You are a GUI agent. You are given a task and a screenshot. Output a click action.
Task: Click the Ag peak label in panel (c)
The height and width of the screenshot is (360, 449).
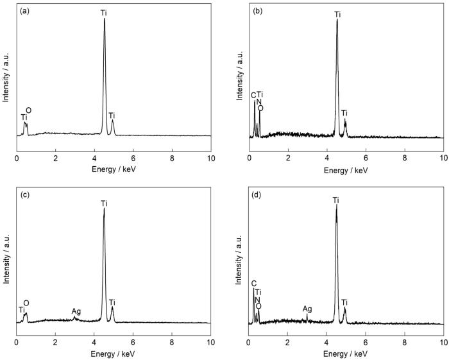click(x=76, y=311)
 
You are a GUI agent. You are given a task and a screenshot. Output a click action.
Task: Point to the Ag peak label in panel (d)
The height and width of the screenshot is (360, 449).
click(x=307, y=309)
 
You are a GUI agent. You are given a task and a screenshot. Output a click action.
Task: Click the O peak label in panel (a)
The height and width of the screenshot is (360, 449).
click(x=28, y=110)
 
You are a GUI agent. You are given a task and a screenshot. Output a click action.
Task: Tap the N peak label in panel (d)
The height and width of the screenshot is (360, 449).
click(x=257, y=299)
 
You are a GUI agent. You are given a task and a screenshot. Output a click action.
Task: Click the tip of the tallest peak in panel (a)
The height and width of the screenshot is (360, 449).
click(x=105, y=19)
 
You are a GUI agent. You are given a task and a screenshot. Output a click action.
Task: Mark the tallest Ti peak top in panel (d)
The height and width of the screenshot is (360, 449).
click(x=336, y=205)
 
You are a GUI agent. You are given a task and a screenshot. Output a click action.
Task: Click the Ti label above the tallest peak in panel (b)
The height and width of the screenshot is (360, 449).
click(x=337, y=13)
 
